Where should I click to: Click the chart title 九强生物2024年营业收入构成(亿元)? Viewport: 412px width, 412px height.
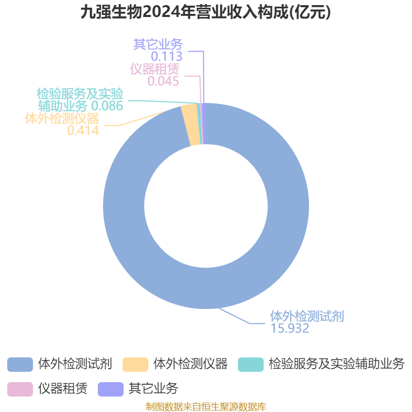205,12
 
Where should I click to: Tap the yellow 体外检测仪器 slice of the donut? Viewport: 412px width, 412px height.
190,126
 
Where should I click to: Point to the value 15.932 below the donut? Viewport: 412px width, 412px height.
290,329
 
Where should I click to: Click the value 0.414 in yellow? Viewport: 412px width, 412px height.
83,130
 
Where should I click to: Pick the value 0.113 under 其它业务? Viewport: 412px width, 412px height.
166,56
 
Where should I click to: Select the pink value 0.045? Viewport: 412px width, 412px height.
163,81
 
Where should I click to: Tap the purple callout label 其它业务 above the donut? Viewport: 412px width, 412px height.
158,44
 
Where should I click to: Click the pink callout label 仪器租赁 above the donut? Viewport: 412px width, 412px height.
154,69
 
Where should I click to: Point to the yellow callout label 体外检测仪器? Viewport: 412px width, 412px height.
62,118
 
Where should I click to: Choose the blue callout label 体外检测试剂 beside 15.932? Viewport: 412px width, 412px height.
307,316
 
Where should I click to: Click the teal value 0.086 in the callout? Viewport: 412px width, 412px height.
107,106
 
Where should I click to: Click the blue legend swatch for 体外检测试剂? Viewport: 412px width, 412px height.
20,365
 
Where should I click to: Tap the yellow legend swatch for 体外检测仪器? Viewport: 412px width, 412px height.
135,365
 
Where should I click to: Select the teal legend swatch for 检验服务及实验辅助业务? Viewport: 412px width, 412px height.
251,365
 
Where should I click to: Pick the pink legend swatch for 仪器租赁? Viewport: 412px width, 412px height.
20,389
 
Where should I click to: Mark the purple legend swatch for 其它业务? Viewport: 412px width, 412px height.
111,389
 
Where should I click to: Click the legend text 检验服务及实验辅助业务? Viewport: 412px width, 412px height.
336,364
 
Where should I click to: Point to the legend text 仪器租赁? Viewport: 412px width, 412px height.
63,389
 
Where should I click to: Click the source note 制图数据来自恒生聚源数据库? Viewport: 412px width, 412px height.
205,406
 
